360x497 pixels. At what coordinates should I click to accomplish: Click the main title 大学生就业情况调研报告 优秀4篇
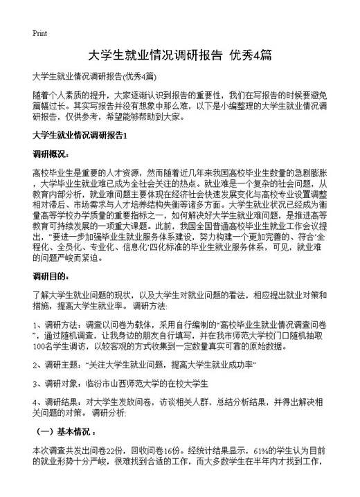click(x=180, y=55)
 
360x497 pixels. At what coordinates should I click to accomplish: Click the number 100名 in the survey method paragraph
click(x=43, y=347)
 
